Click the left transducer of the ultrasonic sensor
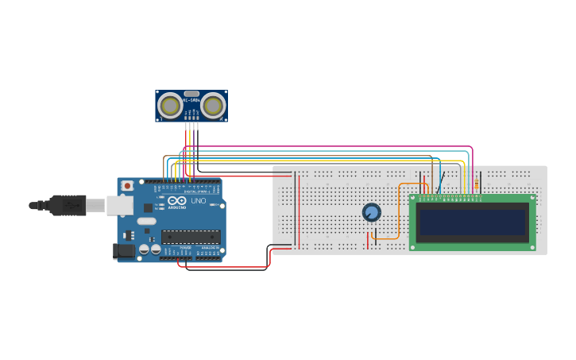[170, 105]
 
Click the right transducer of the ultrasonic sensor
[212, 105]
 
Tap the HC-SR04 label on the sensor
[191, 100]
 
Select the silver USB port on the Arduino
[120, 206]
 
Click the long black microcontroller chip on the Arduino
[191, 235]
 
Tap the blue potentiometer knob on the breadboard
[371, 212]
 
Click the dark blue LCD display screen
[473, 222]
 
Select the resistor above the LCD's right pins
[476, 186]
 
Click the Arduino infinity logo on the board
[173, 200]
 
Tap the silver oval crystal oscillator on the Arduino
[147, 221]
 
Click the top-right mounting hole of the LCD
[530, 199]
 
